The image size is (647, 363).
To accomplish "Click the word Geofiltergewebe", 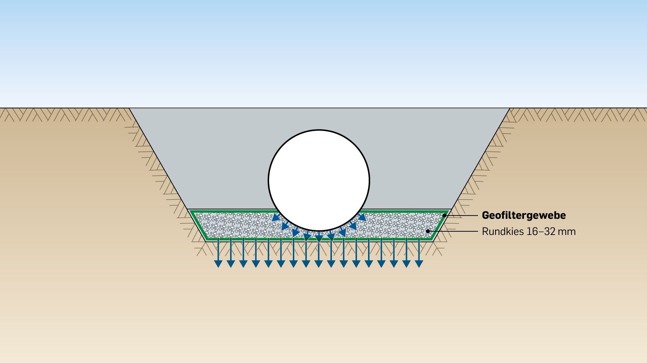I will [524, 215].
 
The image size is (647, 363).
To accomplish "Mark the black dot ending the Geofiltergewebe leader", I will [444, 215].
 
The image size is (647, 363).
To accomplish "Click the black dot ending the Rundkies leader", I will [428, 231].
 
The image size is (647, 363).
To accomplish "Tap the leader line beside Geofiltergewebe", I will [462, 215].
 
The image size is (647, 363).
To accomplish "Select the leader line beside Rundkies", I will [453, 231].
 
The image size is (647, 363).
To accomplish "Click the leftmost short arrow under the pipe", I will [275, 218].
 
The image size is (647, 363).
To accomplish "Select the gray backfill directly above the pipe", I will [319, 119].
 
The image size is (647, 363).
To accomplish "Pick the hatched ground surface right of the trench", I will [577, 114].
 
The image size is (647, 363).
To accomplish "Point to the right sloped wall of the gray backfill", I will [481, 159].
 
